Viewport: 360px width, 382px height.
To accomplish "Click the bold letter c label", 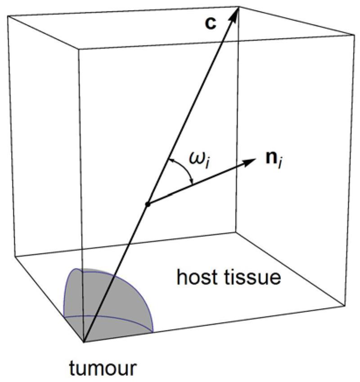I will pyautogui.click(x=211, y=23).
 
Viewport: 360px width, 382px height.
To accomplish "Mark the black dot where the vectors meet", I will pyautogui.click(x=148, y=205).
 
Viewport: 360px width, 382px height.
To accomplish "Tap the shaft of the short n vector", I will pyautogui.click(x=198, y=182).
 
